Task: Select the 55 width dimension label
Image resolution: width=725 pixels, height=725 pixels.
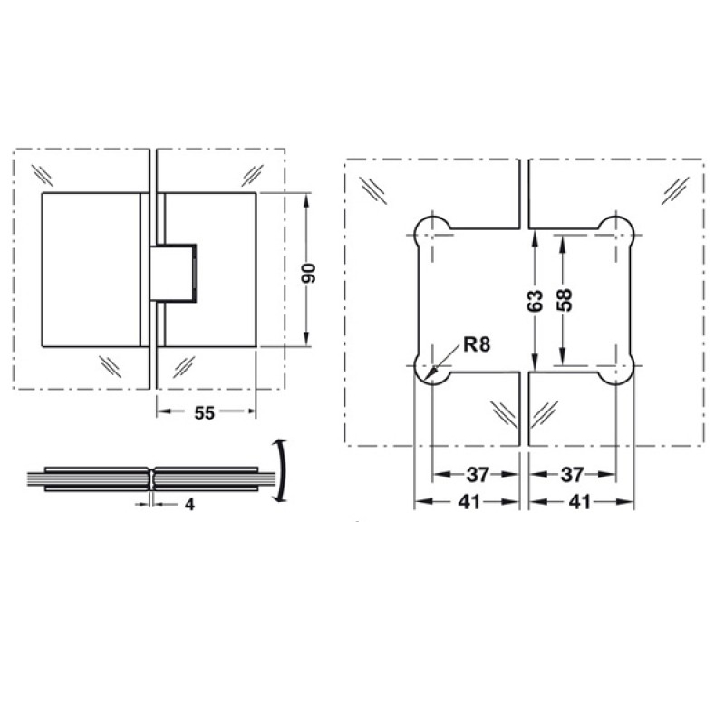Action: (x=205, y=413)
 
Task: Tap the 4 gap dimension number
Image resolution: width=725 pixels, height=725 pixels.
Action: (x=189, y=505)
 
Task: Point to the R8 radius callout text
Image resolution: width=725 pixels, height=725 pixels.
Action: (x=476, y=344)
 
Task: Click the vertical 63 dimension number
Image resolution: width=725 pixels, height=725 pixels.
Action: (x=534, y=299)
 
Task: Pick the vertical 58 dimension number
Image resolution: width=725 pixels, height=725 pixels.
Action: (x=565, y=299)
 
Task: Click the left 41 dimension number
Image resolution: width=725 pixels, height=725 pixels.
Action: (x=468, y=502)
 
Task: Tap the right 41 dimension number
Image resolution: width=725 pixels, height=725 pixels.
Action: (x=581, y=502)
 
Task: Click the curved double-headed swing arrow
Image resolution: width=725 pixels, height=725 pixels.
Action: (x=284, y=469)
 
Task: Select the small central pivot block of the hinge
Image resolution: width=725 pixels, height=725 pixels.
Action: (x=175, y=271)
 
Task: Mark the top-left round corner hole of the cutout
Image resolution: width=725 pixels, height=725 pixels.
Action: (x=430, y=231)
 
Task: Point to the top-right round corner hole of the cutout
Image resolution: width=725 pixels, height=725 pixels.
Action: (x=620, y=231)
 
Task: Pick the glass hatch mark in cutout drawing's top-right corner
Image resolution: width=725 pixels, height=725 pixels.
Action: (x=675, y=188)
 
